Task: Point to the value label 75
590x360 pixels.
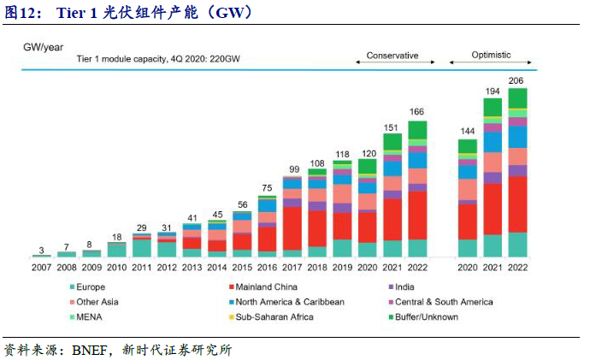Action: [x=268, y=188]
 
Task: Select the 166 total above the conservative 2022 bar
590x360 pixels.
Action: [x=417, y=112]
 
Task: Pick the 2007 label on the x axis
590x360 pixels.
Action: [x=41, y=267]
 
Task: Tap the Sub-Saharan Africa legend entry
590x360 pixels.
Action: [x=275, y=317]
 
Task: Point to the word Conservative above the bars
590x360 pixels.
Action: [x=392, y=56]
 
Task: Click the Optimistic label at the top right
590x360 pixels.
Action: [x=491, y=56]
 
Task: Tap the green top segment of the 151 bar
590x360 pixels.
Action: [x=392, y=142]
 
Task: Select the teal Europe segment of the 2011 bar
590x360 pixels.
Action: [x=144, y=248]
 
